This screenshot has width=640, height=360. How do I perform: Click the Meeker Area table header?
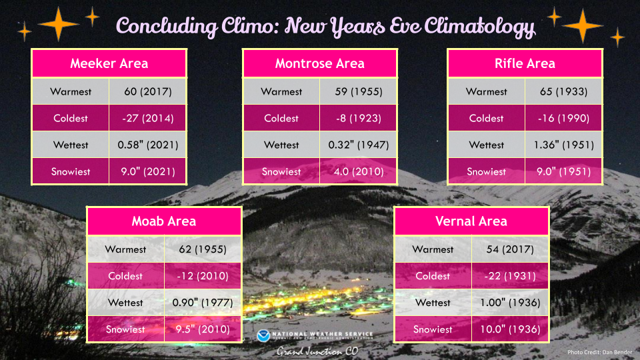(109, 63)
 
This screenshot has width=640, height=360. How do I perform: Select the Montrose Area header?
(319, 63)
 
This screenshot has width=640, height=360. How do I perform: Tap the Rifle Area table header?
(525, 63)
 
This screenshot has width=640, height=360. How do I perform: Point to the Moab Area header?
(164, 221)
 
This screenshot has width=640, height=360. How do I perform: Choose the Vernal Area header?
(471, 221)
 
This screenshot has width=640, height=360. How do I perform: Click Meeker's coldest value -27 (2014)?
(148, 119)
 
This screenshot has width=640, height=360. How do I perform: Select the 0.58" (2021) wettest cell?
(148, 145)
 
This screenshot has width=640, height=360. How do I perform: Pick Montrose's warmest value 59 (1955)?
(359, 91)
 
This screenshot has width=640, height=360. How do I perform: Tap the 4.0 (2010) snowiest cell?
(359, 171)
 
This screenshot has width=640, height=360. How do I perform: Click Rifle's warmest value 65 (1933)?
(563, 91)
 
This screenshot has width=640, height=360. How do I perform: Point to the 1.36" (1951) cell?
(563, 145)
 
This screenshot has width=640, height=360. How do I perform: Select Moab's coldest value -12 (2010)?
(203, 276)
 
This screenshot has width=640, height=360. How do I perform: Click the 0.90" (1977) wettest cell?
(203, 303)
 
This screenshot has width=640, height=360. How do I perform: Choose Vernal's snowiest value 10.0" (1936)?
(510, 329)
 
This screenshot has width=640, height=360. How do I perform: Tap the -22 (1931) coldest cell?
(510, 276)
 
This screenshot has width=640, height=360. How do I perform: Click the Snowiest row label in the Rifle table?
(486, 171)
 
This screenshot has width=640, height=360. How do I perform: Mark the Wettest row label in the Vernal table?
(433, 303)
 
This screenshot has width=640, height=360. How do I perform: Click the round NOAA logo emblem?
(263, 336)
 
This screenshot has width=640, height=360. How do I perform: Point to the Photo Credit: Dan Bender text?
(599, 352)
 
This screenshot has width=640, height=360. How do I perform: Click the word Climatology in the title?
(479, 27)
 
